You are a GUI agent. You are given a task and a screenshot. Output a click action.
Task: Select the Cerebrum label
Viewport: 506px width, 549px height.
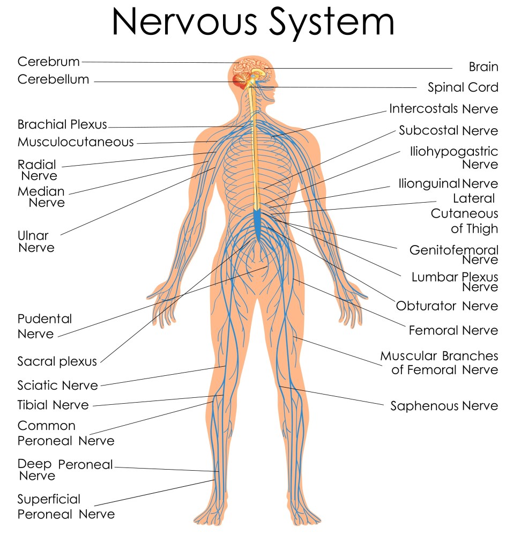[x=48, y=62]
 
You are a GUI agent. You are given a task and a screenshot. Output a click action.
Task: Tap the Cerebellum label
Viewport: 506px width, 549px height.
[x=53, y=80]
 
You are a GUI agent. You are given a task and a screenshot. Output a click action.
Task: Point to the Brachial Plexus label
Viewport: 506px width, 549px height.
[x=62, y=125]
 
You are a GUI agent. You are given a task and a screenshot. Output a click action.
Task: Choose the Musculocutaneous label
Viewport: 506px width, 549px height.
[x=76, y=142]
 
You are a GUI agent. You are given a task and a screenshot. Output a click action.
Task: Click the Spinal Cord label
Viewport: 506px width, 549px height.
[x=463, y=87]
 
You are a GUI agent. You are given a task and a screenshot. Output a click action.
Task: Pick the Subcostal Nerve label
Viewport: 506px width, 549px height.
[x=448, y=130]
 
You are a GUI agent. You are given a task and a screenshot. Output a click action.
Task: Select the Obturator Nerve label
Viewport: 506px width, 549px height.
[x=447, y=306]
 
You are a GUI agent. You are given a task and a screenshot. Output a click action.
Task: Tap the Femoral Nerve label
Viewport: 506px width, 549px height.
[x=453, y=330]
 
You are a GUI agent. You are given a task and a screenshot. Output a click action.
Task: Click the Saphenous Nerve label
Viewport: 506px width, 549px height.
[x=444, y=406]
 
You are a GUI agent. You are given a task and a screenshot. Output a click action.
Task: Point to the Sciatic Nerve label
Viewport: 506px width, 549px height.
[x=57, y=385]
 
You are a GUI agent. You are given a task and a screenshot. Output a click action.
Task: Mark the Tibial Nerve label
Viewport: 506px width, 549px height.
[x=53, y=405]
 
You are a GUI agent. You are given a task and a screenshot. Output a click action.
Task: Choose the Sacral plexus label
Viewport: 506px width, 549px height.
[x=57, y=361]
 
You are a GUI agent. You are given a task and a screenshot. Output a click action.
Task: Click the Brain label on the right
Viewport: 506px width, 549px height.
[x=483, y=67]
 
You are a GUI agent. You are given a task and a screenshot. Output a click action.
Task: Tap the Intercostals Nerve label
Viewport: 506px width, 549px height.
[x=443, y=109]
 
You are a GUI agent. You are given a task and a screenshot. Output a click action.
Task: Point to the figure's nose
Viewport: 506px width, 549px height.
[x=277, y=86]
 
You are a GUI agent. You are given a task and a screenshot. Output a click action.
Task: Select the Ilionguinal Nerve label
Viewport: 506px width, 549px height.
[x=448, y=183]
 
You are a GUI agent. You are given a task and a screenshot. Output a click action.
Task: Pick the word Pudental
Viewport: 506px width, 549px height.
[x=44, y=319]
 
